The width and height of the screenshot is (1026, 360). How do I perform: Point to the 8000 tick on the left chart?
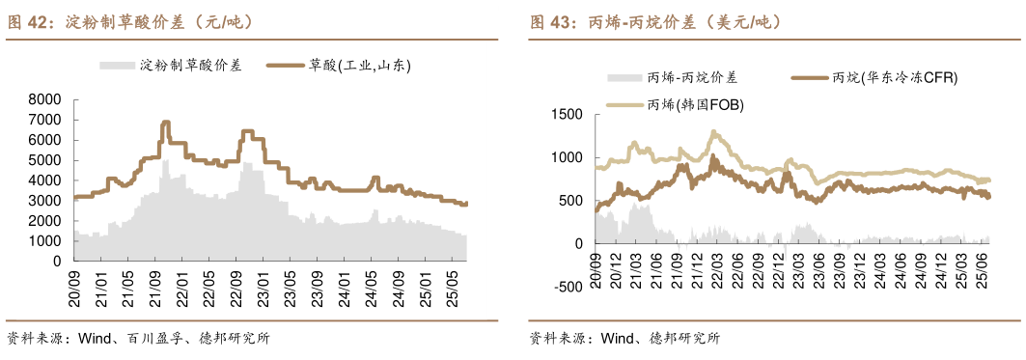[x=45, y=99]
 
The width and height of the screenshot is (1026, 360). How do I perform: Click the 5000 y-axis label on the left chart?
[x=45, y=160]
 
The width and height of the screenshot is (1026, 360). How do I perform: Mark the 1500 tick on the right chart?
[x=567, y=115]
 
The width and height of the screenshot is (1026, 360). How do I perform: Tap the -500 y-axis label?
[x=567, y=287]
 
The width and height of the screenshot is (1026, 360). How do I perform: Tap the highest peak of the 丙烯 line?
[x=713, y=132]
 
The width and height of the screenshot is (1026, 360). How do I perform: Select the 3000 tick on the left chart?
[x=45, y=201]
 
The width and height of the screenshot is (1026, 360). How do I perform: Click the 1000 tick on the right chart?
[x=567, y=157]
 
